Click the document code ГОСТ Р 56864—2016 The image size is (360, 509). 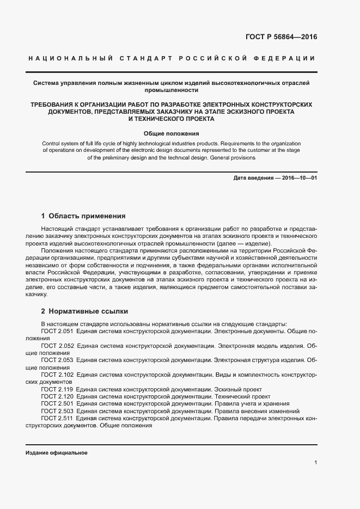point(281,38)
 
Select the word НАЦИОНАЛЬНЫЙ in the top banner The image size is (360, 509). point(70,58)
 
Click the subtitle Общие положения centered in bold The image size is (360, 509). point(171,133)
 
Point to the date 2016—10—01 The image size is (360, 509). point(298,178)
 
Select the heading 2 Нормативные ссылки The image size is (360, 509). point(84,311)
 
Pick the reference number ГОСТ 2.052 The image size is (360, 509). point(57,345)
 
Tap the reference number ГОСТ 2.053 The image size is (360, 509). point(57,360)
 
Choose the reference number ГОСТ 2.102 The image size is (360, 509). point(57,375)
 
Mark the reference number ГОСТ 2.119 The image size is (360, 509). point(57,390)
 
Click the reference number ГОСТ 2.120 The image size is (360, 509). point(57,397)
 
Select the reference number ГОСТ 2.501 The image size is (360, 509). point(57,404)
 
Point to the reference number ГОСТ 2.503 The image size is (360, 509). point(57,412)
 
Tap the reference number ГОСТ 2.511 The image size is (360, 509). point(57,419)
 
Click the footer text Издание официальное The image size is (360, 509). point(56,453)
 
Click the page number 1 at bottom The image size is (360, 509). point(316,462)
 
